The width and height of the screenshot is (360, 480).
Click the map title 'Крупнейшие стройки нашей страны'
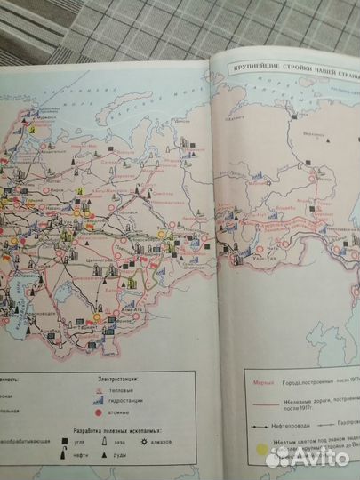click(x=291, y=68)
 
